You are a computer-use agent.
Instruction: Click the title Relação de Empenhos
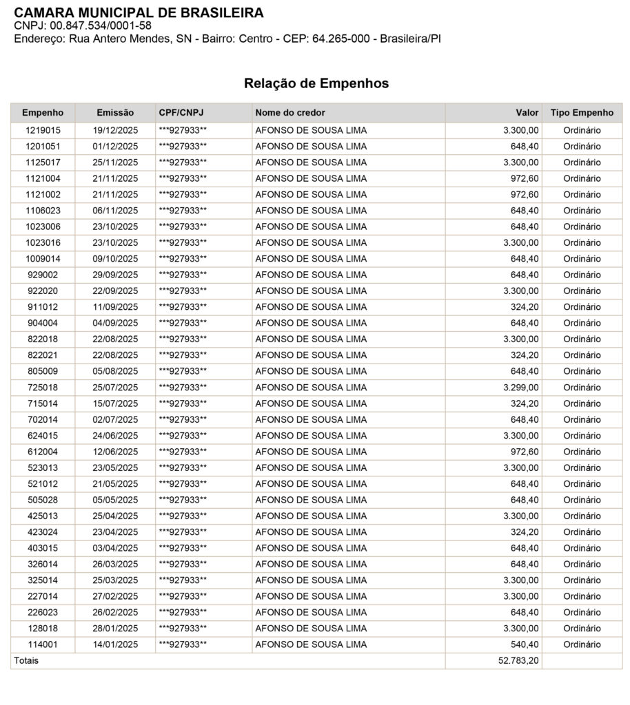(x=316, y=83)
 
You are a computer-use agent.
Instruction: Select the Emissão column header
(x=115, y=112)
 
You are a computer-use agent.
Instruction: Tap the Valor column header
(x=527, y=112)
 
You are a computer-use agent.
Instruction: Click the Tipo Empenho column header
(x=582, y=112)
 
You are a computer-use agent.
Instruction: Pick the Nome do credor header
(x=290, y=112)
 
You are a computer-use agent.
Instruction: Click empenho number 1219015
(x=43, y=130)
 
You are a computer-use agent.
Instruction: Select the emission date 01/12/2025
(x=115, y=146)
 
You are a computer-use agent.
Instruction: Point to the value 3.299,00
(x=520, y=388)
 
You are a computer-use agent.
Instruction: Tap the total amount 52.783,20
(x=518, y=661)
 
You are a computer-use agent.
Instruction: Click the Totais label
(x=26, y=661)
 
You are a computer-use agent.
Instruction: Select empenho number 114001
(x=43, y=644)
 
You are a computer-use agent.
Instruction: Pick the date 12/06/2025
(x=115, y=452)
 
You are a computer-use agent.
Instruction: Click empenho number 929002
(x=43, y=275)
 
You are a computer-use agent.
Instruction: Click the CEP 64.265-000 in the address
(x=341, y=39)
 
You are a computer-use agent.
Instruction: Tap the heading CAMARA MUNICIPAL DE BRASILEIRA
(x=139, y=12)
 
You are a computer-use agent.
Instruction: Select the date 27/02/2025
(x=115, y=596)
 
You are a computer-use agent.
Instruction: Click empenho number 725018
(x=43, y=388)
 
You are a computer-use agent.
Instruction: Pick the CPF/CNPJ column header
(x=181, y=112)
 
